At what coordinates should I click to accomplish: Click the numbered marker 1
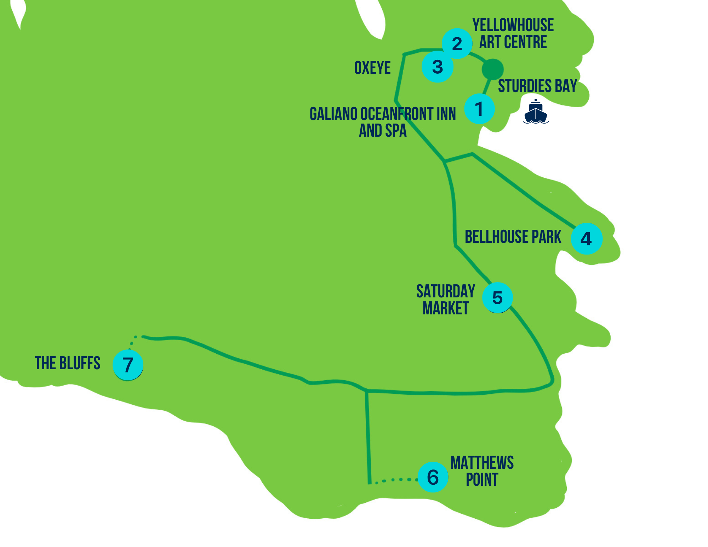click(x=479, y=109)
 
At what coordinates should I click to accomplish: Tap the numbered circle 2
click(x=457, y=44)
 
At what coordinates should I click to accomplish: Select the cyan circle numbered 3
click(x=438, y=67)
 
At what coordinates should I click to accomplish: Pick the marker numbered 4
click(x=587, y=239)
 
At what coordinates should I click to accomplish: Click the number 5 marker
click(x=497, y=298)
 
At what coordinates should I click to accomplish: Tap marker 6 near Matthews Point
click(x=433, y=477)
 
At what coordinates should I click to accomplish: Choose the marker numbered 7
click(x=128, y=365)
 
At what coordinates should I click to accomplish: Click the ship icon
click(x=536, y=112)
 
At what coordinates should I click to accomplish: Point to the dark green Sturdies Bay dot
click(x=492, y=69)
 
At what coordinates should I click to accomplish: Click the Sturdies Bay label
click(x=537, y=86)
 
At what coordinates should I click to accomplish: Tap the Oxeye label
click(x=372, y=68)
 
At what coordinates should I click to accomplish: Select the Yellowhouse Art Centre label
click(x=513, y=34)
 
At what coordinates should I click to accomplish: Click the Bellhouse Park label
click(x=513, y=237)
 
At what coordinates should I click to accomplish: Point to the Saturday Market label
click(x=446, y=300)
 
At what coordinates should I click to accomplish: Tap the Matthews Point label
click(x=482, y=471)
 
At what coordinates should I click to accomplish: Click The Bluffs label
click(x=68, y=363)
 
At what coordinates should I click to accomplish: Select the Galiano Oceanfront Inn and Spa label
click(x=383, y=122)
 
